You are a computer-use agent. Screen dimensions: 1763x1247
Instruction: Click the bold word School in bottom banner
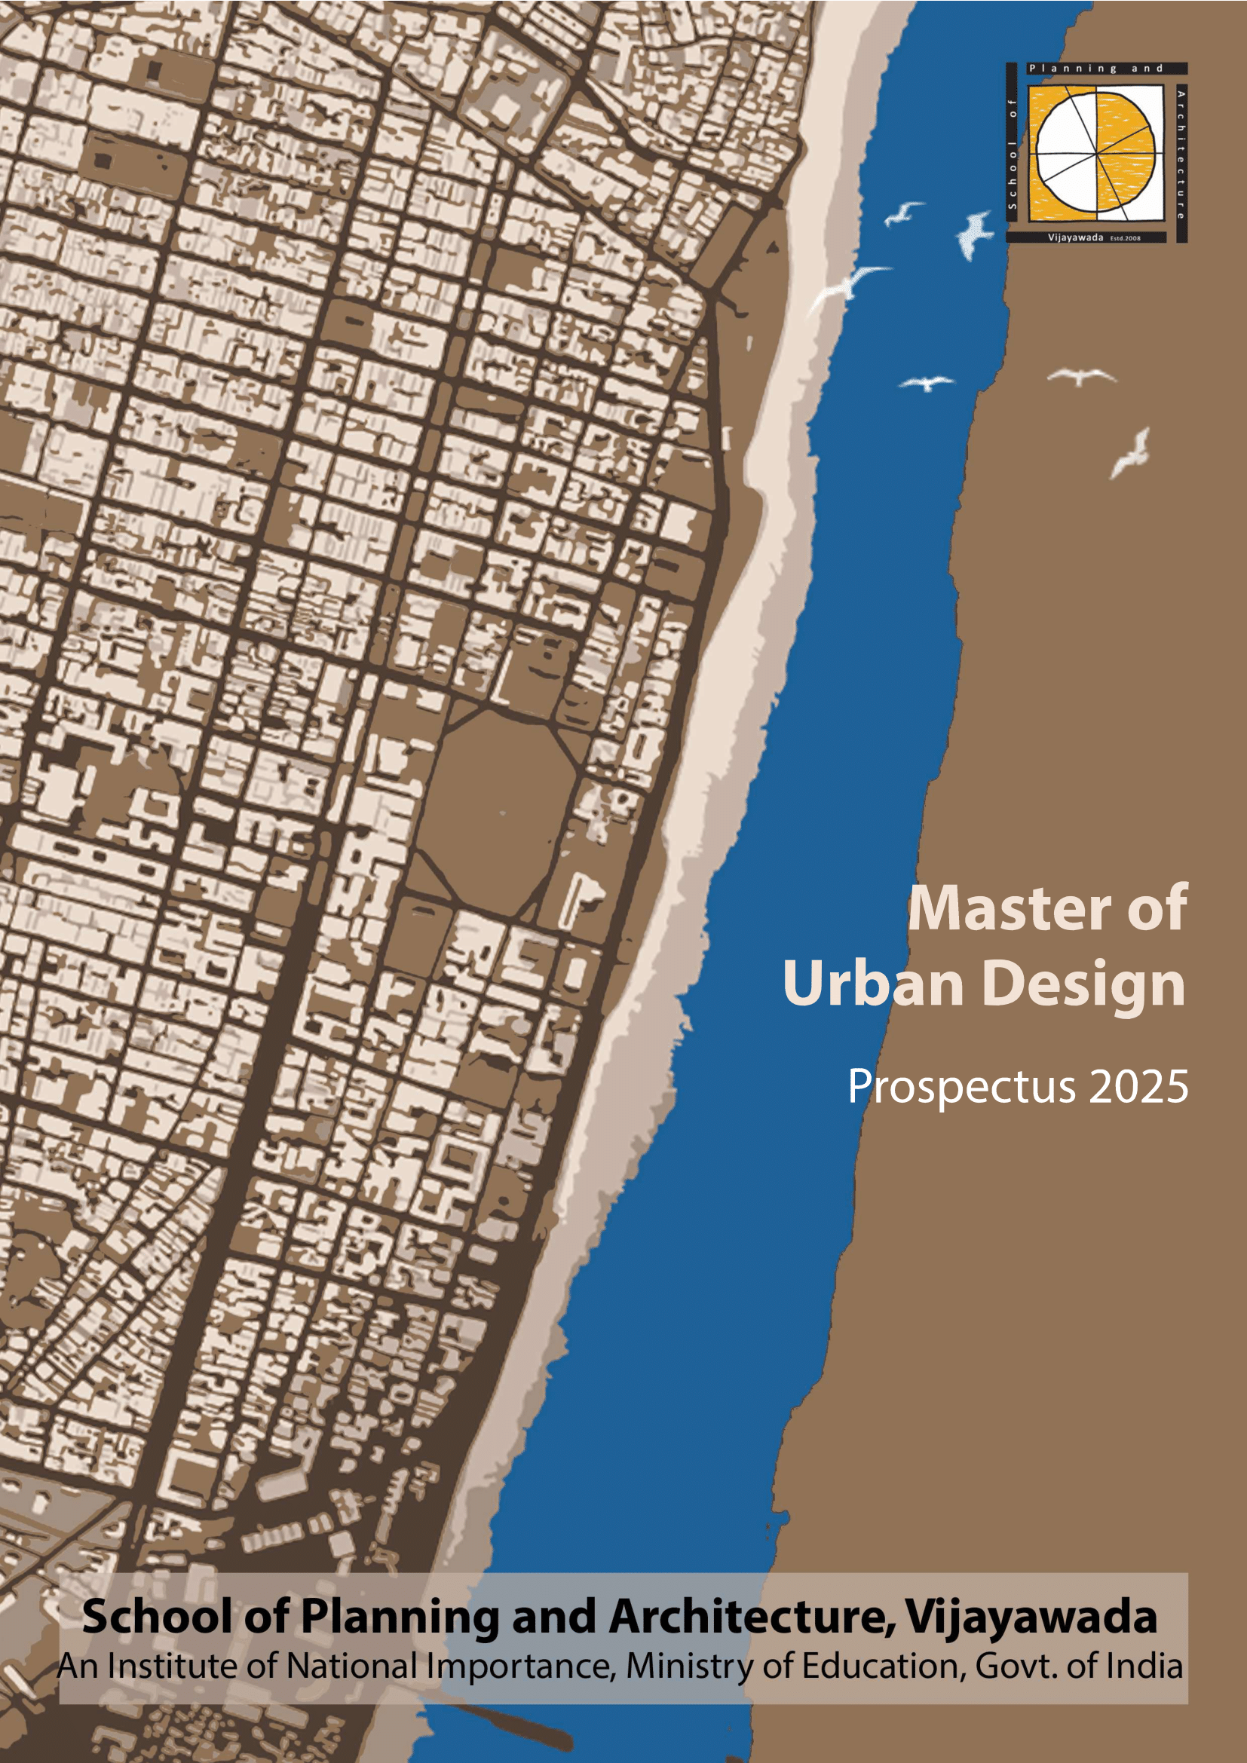point(156,1616)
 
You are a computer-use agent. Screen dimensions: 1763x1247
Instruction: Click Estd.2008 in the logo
point(1126,238)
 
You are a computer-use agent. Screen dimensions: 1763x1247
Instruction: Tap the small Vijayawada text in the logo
point(1075,237)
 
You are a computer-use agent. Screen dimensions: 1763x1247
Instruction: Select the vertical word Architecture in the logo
point(1180,155)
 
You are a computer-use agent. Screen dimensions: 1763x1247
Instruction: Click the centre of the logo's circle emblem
point(1095,152)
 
